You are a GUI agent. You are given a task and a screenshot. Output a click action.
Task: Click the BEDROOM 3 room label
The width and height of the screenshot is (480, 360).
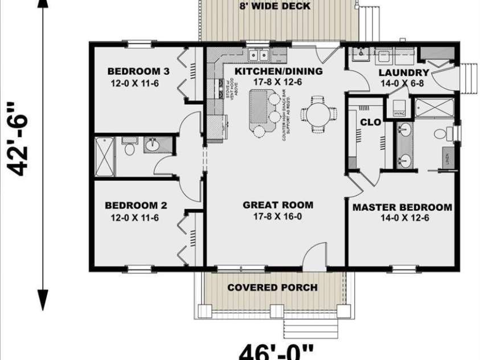click(x=138, y=71)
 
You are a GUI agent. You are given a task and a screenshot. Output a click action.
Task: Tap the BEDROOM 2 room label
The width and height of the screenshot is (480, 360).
click(x=135, y=205)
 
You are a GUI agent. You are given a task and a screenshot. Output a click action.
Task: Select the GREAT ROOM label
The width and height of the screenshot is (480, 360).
click(x=278, y=205)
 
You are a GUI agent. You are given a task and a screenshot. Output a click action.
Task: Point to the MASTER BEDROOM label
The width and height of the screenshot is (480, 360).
click(x=402, y=207)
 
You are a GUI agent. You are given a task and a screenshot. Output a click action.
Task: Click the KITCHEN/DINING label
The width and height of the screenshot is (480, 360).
click(x=279, y=71)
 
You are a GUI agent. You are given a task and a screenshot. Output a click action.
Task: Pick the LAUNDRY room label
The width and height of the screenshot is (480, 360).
click(x=403, y=72)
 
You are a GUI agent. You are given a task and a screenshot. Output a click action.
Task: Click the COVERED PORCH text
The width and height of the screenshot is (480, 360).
click(x=272, y=287)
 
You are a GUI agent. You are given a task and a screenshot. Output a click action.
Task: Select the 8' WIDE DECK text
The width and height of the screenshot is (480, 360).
click(x=275, y=6)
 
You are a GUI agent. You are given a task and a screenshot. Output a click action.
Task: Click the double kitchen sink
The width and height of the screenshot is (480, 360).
click(x=260, y=56)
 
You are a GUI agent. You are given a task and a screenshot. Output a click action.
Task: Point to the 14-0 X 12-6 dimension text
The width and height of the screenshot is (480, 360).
click(x=402, y=218)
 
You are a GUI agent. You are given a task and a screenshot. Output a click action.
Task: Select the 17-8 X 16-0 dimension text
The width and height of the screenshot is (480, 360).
click(x=278, y=216)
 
